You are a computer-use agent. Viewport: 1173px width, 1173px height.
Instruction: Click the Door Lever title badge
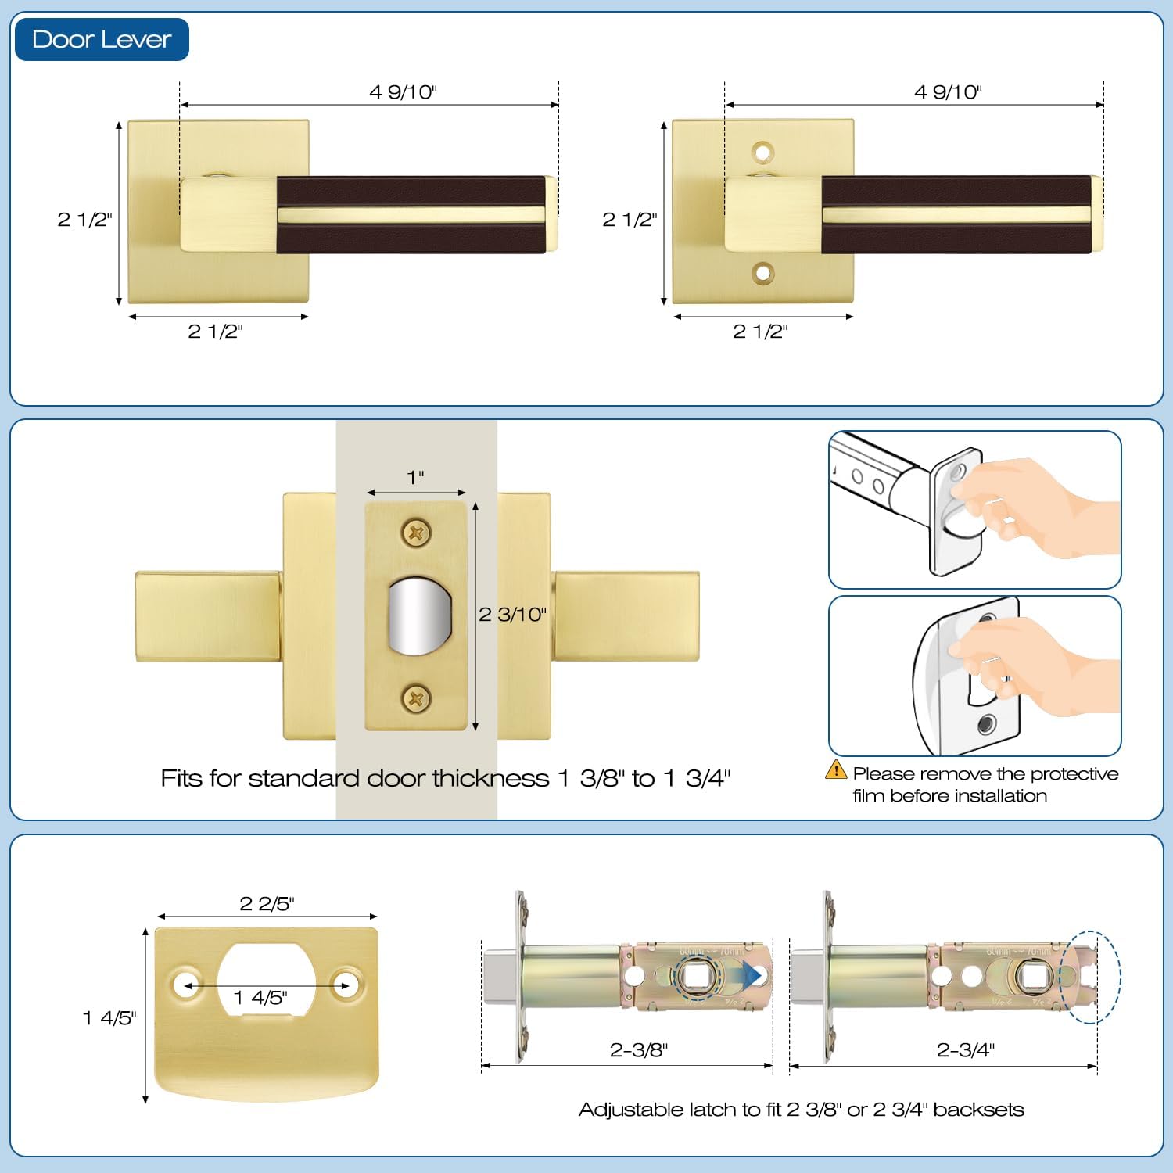pos(102,39)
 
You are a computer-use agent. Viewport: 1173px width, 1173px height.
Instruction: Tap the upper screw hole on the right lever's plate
pos(762,152)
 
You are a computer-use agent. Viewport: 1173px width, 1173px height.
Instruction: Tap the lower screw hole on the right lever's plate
pos(762,273)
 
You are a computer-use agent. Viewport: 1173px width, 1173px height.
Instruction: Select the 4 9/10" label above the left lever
pos(403,92)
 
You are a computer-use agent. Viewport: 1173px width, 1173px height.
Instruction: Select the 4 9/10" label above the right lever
pos(948,92)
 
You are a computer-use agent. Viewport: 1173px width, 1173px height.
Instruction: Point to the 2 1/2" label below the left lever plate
pos(215,332)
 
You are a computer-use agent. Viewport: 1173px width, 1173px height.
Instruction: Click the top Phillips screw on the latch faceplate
pos(416,533)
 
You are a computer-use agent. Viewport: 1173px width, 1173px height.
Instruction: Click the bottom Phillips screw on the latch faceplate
pos(416,698)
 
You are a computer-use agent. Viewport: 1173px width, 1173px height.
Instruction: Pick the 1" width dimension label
pos(415,477)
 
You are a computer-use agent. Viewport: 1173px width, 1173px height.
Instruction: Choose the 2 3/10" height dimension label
pos(512,615)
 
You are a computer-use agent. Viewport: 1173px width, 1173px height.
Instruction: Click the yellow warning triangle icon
pos(836,770)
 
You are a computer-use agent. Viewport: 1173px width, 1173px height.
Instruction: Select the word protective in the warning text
pos(1074,774)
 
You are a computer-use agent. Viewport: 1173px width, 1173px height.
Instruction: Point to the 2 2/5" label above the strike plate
pos(267,904)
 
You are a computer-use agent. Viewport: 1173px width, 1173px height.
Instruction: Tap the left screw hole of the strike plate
pos(188,985)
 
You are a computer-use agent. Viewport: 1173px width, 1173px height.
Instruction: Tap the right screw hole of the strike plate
pos(345,985)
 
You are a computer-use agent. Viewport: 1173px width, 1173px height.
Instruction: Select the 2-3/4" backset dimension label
pos(965,1050)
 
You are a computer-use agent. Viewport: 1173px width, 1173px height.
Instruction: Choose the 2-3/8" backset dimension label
pos(639,1050)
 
